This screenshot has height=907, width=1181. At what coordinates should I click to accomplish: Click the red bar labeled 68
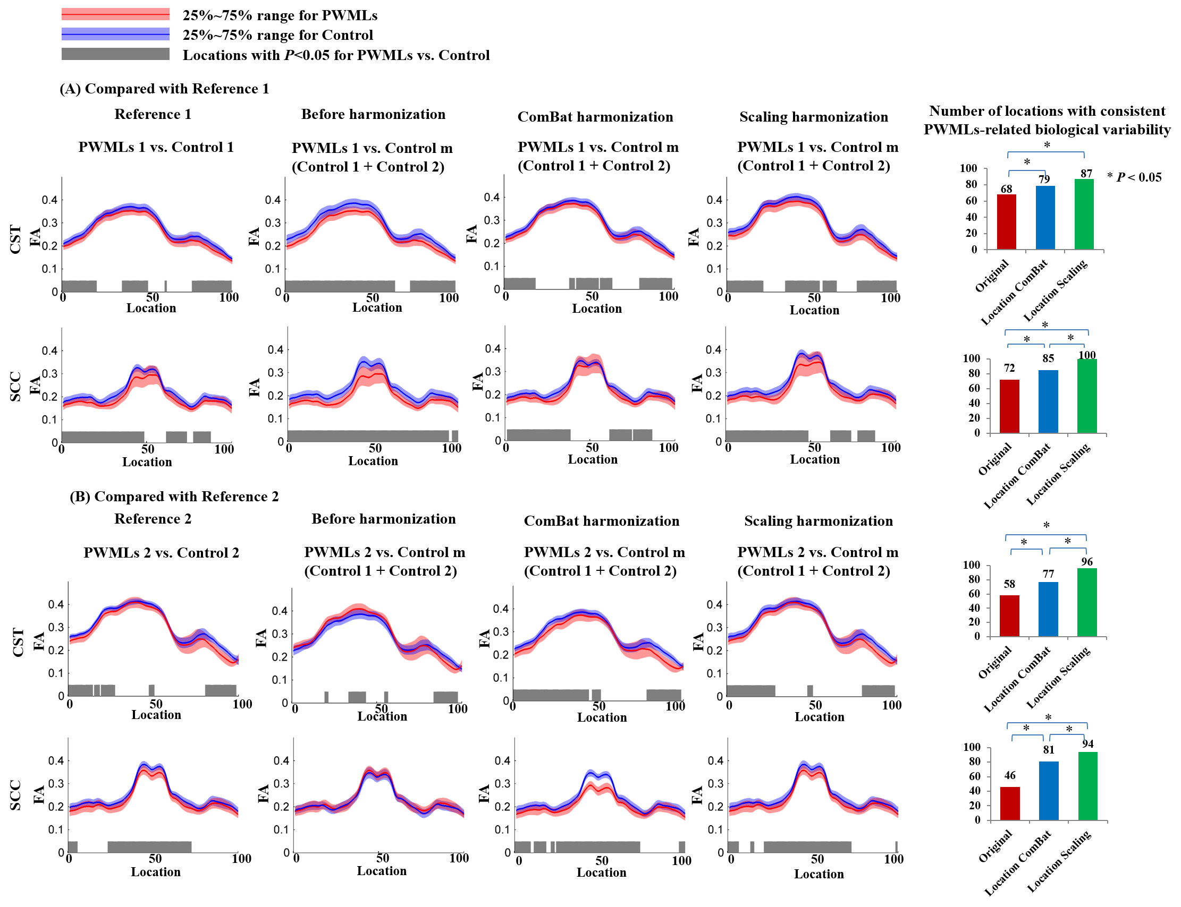pos(1006,222)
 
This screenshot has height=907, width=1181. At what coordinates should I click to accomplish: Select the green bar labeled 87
pos(1084,215)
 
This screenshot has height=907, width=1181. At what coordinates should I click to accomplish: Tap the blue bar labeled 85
pos(1048,401)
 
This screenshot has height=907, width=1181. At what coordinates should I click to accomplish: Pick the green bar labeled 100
pos(1086,396)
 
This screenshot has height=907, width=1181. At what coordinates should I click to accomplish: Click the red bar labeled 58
pos(1009,616)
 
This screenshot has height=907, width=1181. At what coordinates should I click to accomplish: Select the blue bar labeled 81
pos(1048,791)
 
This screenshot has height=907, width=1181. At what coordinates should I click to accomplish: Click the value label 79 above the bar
pos(1044,179)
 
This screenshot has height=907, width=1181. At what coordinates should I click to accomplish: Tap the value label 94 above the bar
pos(1087,744)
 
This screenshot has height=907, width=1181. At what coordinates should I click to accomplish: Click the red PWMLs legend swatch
pos(115,14)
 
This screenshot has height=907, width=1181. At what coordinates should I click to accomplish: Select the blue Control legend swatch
pos(115,35)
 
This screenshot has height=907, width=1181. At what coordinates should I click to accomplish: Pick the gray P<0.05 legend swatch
pos(115,54)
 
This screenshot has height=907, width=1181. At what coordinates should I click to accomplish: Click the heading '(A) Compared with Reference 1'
pos(164,89)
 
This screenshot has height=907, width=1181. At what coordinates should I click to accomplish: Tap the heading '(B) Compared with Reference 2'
pos(174,496)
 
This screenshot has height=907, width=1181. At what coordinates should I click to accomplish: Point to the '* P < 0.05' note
pos(1134,177)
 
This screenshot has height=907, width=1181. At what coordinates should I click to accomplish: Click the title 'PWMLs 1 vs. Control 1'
pos(156,147)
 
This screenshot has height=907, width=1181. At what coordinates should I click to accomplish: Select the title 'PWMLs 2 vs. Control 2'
pos(161,552)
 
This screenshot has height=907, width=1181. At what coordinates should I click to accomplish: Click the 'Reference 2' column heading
pos(153,519)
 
